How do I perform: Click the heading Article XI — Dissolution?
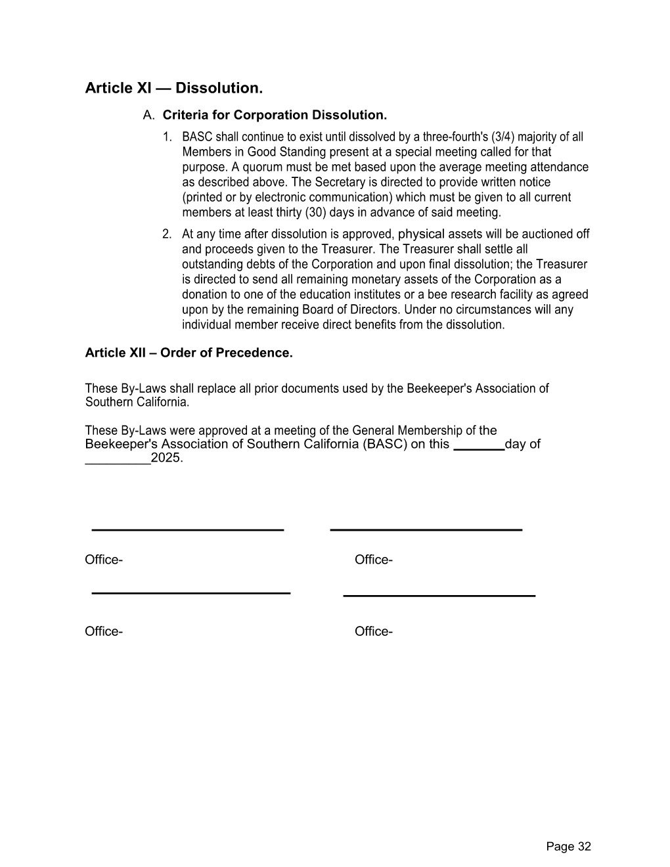click(173, 88)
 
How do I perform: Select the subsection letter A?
click(148, 116)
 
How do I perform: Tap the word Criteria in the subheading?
click(183, 116)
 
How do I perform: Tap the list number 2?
click(167, 234)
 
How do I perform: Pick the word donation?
click(204, 295)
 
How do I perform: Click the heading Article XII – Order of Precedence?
click(189, 353)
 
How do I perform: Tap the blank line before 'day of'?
click(479, 448)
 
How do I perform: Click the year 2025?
click(166, 458)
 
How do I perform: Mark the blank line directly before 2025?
click(118, 462)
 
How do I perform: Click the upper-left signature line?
click(187, 529)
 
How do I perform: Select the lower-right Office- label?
click(373, 632)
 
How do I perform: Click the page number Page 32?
click(568, 847)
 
